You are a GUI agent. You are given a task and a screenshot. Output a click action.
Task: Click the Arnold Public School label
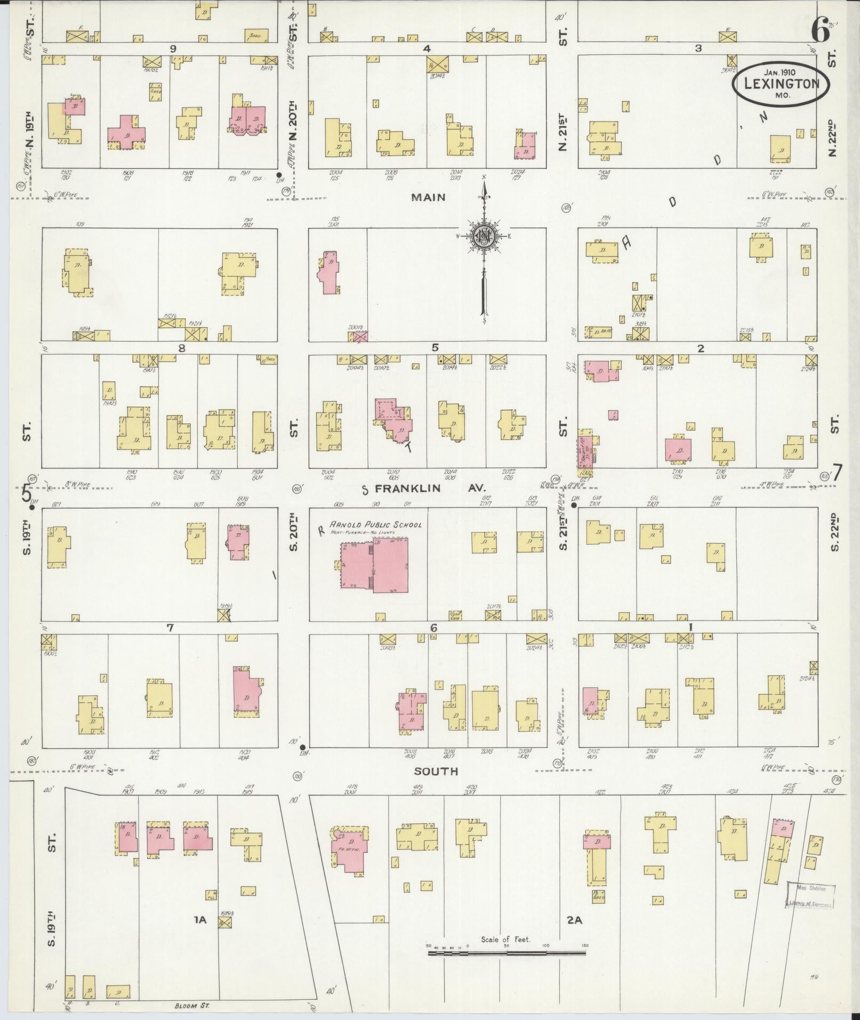375,525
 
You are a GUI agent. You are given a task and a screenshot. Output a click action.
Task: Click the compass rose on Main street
484,235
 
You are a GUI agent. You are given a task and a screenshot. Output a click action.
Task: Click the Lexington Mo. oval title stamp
782,84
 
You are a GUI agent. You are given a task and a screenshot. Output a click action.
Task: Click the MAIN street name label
428,198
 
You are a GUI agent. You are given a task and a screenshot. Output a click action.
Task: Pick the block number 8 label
182,348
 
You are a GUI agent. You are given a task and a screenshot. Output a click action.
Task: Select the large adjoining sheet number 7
837,472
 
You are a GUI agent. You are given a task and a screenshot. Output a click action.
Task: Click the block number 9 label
173,49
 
